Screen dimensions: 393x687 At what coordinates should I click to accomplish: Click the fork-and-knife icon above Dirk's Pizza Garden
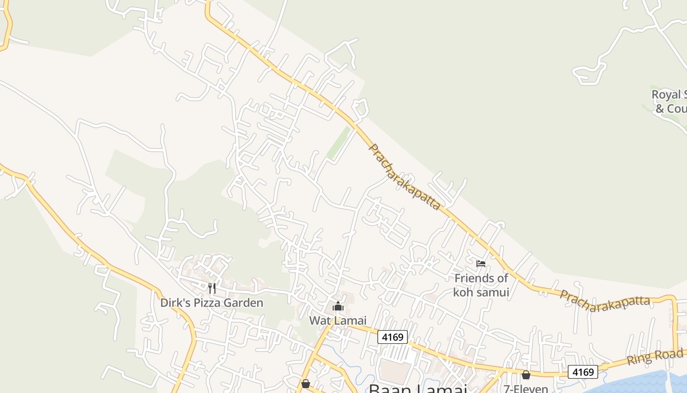point(212,288)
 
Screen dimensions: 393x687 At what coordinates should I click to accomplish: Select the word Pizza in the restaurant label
point(207,303)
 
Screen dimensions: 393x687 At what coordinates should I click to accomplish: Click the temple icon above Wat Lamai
point(338,307)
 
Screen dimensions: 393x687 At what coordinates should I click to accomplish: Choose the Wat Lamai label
point(338,321)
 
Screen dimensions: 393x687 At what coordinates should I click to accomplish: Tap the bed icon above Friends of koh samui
point(481,264)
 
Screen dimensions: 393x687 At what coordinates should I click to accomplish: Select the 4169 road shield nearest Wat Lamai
point(393,337)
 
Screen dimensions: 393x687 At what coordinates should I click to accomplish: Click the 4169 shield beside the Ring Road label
point(583,371)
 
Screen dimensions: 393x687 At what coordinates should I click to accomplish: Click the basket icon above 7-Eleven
point(526,375)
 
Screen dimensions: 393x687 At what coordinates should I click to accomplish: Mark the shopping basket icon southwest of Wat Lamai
point(306,383)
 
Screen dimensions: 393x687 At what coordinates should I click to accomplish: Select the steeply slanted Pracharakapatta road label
point(404,177)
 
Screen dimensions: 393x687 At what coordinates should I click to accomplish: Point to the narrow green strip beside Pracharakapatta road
point(339,143)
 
